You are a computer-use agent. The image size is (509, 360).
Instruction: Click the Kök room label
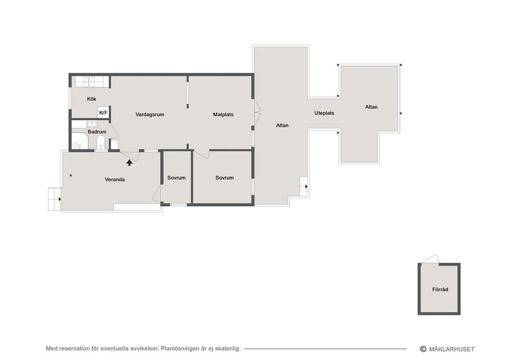[x=92, y=99]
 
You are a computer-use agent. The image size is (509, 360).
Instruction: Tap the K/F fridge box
[x=103, y=112]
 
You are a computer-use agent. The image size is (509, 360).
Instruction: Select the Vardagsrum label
[x=150, y=115]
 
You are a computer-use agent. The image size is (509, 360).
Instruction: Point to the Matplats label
[x=223, y=115]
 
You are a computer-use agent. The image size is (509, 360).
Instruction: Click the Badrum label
[x=96, y=132]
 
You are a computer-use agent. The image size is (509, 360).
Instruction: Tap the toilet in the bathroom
[x=101, y=143]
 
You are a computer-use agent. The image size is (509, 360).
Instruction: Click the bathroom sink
[x=92, y=124]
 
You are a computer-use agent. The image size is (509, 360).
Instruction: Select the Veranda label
[x=115, y=180]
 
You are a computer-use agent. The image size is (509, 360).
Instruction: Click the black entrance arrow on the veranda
[x=129, y=162]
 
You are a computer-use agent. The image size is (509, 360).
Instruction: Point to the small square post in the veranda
[x=71, y=175]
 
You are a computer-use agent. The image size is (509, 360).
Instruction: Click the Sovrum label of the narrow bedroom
[x=176, y=178]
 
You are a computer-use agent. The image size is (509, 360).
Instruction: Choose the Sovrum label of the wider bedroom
[x=225, y=178]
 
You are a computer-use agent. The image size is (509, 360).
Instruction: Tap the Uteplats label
[x=324, y=113]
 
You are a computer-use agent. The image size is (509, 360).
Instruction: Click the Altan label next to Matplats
[x=283, y=125]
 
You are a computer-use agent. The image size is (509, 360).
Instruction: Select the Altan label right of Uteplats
[x=371, y=107]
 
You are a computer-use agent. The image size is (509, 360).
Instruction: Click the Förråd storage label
[x=440, y=289]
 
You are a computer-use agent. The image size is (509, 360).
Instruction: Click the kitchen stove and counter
[x=92, y=82]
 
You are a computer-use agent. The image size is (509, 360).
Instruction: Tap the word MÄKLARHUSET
[x=452, y=349]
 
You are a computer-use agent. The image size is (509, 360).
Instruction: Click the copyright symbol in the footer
[x=423, y=349]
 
